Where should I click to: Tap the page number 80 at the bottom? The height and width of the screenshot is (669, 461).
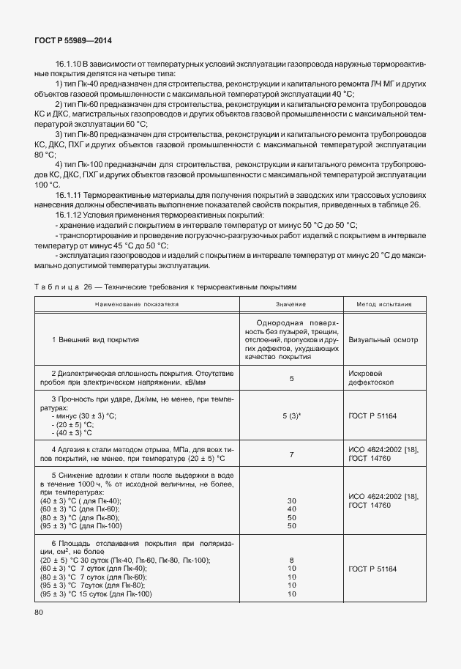pyautogui.click(x=38, y=611)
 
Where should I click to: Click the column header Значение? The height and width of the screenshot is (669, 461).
pyautogui.click(x=291, y=303)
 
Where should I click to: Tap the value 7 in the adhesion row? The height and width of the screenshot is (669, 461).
pyautogui.click(x=291, y=454)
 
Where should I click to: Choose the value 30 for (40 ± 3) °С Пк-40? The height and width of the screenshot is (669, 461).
pyautogui.click(x=291, y=500)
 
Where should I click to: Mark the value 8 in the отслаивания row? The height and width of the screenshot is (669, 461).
pyautogui.click(x=291, y=560)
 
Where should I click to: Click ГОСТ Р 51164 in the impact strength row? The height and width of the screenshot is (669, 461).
pyautogui.click(x=375, y=415)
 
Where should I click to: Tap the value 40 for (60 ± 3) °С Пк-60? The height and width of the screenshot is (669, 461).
pyautogui.click(x=291, y=509)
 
